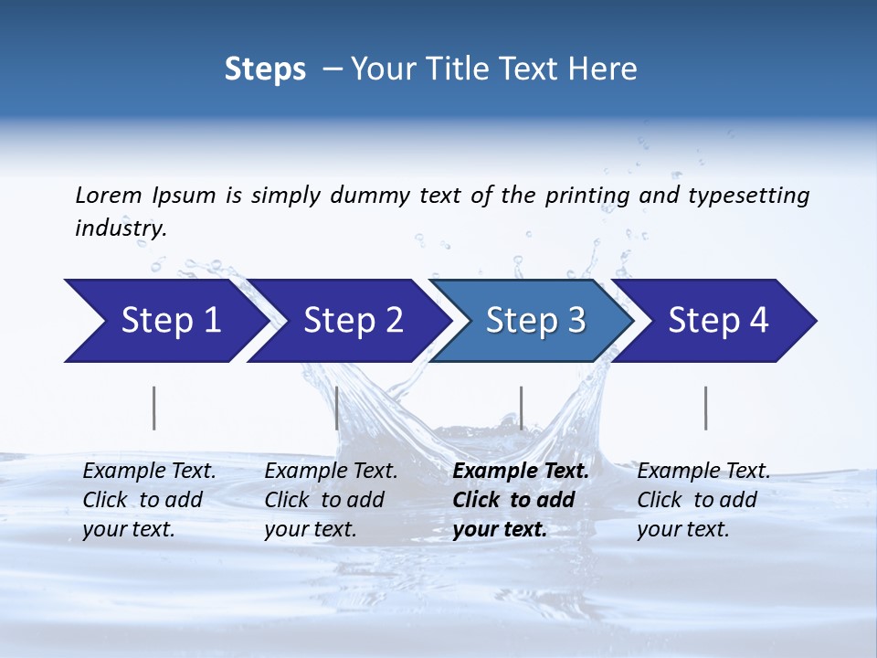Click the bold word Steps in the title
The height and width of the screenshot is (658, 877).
click(x=265, y=69)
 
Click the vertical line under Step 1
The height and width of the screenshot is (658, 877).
click(x=154, y=408)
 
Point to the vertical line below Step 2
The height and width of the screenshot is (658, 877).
click(x=337, y=408)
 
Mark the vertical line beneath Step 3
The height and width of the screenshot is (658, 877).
click(x=521, y=408)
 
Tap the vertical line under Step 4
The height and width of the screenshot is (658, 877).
click(x=705, y=408)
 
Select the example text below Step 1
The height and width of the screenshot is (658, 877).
click(x=149, y=500)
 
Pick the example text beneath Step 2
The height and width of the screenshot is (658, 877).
click(x=331, y=500)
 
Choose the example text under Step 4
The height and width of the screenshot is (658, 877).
click(x=703, y=500)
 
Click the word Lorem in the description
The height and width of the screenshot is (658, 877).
click(x=109, y=195)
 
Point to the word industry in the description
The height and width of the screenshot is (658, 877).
click(x=120, y=228)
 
